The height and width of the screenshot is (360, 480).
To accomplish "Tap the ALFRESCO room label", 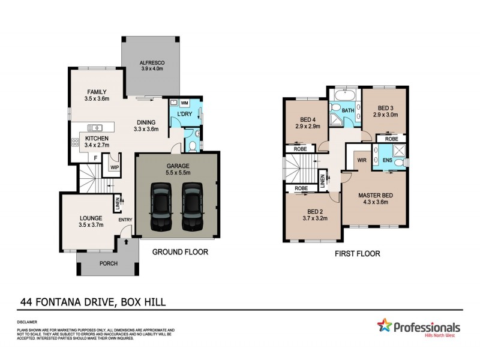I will tap(152, 63).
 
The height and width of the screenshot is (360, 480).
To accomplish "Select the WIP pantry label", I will tap(115, 167).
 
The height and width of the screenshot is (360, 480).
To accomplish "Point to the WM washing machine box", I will tap(185, 103).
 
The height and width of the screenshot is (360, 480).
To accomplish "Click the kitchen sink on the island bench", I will tap(96, 127).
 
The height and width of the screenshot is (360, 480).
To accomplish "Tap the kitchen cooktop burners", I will tap(76, 142).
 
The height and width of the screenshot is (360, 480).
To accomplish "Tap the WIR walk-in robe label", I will tap(362, 160).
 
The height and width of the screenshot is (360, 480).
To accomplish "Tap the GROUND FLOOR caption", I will tap(180, 252).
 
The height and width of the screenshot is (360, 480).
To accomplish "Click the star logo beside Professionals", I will tap(384, 326).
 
